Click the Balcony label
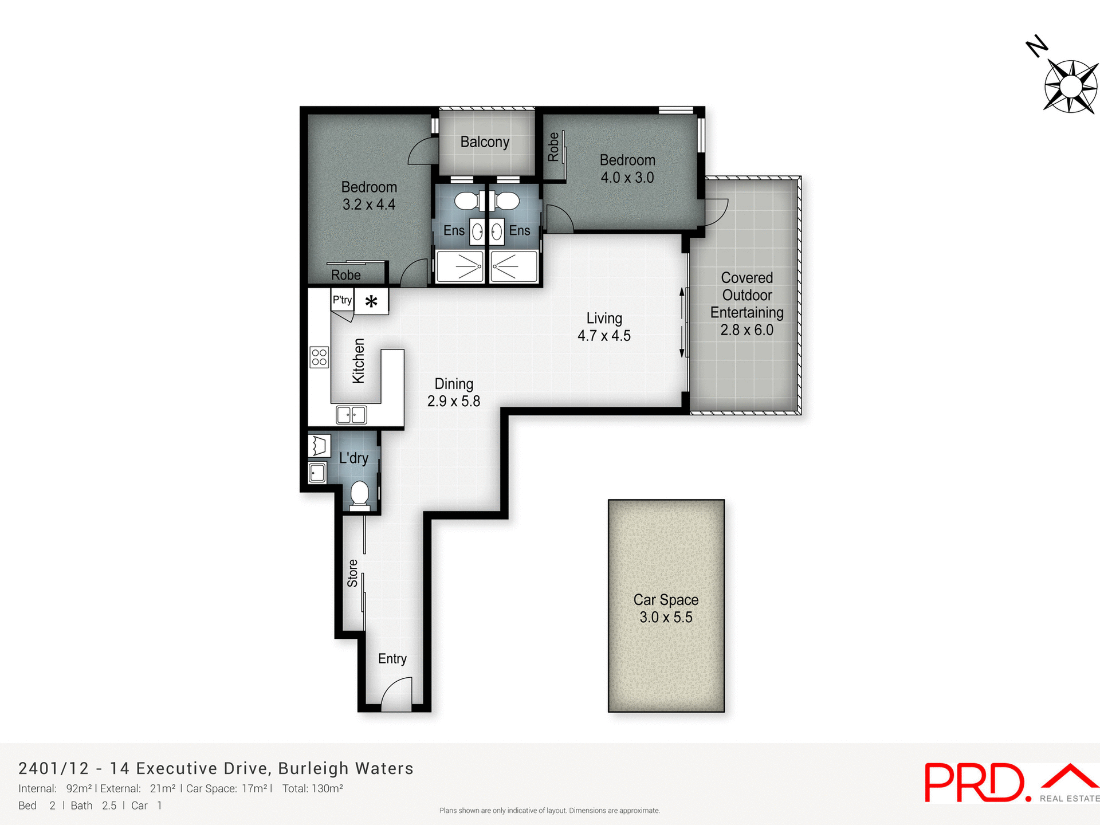click(485, 142)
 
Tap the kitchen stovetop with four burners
click(319, 357)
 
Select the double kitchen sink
click(351, 414)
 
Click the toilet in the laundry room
click(360, 494)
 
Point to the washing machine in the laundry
click(319, 446)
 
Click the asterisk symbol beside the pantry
click(371, 301)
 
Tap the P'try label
click(342, 300)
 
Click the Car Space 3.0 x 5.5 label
click(666, 608)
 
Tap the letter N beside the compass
click(1036, 46)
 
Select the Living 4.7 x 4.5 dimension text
click(604, 336)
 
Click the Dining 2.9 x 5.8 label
click(454, 392)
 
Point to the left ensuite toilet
click(466, 201)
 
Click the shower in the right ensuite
click(513, 266)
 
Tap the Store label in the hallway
click(352, 573)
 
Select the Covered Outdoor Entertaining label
click(747, 304)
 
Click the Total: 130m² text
click(312, 788)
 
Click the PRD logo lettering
click(974, 783)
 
